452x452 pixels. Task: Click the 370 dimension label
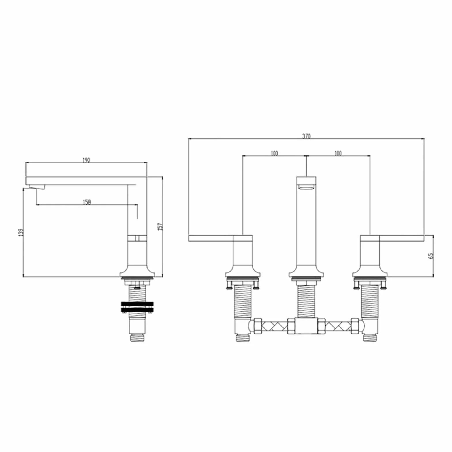click(x=306, y=136)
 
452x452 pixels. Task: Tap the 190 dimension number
click(x=86, y=160)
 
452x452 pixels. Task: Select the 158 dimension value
click(x=87, y=202)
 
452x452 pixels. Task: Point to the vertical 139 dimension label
click(x=20, y=232)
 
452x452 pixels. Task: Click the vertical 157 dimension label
click(x=161, y=226)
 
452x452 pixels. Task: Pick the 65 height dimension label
click(x=431, y=256)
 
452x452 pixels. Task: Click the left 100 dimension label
click(x=274, y=153)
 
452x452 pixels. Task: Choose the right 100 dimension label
click(x=338, y=153)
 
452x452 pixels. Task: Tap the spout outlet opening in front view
click(x=306, y=188)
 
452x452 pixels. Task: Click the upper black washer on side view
click(x=137, y=304)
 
